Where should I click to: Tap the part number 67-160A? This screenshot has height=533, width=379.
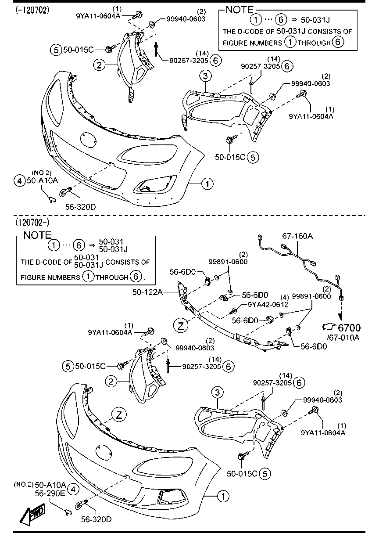point(297,236)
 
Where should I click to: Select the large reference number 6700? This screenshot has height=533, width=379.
point(349,328)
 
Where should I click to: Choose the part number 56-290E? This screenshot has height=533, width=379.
point(50,493)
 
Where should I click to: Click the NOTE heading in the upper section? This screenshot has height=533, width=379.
point(239,9)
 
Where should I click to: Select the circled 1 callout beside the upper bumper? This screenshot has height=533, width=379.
point(207,184)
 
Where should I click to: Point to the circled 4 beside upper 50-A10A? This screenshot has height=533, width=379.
point(19,180)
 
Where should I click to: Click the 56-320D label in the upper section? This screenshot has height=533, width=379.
point(80,207)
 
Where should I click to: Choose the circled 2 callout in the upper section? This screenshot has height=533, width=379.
point(100,65)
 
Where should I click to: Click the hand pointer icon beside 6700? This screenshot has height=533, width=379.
point(329,327)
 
